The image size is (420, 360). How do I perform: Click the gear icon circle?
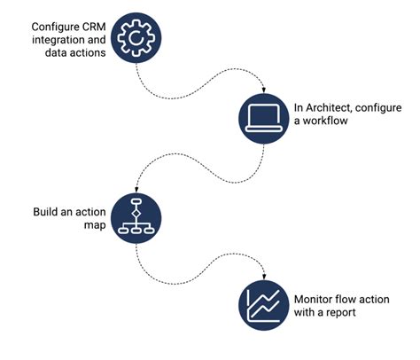(136, 39)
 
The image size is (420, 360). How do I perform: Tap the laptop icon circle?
(264, 118)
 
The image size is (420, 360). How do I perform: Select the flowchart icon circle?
(136, 218)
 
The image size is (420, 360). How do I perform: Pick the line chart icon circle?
(264, 303)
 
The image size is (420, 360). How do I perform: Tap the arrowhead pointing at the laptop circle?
(264, 88)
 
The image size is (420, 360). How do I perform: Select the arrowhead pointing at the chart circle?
(264, 273)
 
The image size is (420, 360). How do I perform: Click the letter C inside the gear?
(136, 39)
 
